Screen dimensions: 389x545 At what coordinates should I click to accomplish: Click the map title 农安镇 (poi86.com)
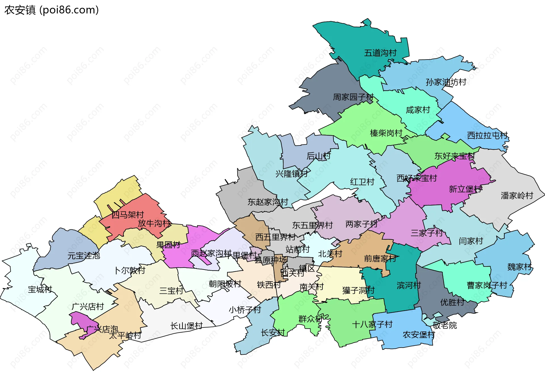[x=51, y=10]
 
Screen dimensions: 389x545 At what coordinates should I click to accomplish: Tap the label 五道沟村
[x=380, y=53]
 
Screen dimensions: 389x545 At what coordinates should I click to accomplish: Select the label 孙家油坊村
[x=446, y=82]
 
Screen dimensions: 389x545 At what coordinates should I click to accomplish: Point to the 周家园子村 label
[x=353, y=97]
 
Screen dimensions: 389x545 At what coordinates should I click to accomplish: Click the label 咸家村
[x=418, y=110]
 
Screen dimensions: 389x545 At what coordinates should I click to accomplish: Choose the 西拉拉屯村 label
[x=487, y=136]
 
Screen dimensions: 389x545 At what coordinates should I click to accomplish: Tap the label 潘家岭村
[x=517, y=196]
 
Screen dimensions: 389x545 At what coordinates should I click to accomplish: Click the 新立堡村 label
[x=465, y=189]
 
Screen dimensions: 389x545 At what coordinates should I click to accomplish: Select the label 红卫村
[x=362, y=182]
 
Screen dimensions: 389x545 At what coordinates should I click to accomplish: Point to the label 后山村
[x=318, y=156]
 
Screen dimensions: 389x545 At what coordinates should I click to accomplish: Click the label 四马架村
[x=127, y=215]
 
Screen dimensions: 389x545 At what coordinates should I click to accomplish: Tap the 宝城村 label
[x=40, y=289]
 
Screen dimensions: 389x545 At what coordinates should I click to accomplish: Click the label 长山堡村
[x=186, y=326]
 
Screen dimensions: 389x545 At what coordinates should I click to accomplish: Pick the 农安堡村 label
[x=419, y=335]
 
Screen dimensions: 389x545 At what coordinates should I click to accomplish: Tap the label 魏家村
[x=519, y=267]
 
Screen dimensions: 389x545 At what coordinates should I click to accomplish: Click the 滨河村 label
[x=408, y=286]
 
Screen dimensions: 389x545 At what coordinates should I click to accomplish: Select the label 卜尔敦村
[x=129, y=270]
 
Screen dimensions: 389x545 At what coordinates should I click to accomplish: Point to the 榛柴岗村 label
[x=386, y=133]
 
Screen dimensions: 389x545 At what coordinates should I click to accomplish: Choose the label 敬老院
[x=445, y=325]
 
